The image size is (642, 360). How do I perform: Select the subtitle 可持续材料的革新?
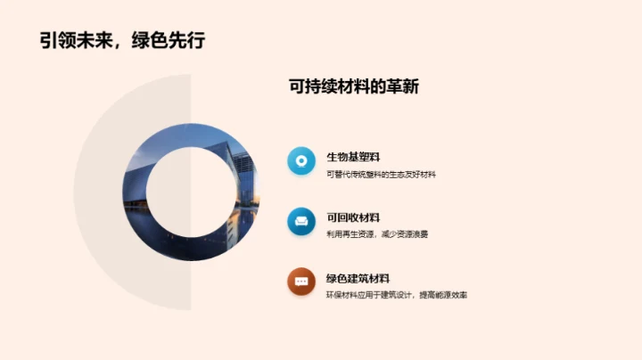tap(354, 87)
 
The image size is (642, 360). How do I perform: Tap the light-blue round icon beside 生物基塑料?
tap(301, 161)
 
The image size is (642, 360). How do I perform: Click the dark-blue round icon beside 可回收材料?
tap(301, 221)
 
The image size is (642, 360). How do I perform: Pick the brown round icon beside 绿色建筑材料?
tap(301, 282)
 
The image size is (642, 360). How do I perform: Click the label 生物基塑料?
tap(353, 157)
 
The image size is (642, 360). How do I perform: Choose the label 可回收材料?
tap(353, 217)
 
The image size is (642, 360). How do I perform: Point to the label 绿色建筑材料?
tap(358, 278)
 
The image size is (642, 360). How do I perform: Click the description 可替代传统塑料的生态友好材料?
tap(381, 174)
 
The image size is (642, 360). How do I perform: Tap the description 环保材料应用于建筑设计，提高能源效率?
tap(397, 294)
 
